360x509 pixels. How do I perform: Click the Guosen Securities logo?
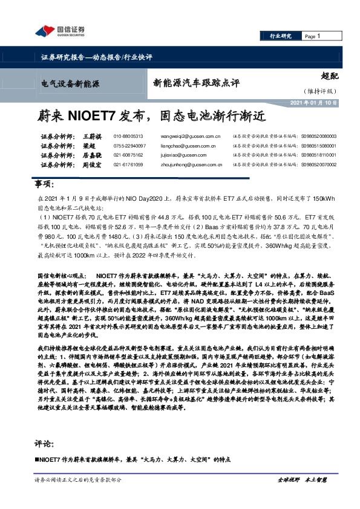59,31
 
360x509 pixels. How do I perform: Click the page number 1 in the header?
319,36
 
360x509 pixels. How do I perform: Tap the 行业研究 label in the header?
280,36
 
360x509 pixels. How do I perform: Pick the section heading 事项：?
44,183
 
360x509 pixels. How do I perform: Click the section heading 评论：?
44,443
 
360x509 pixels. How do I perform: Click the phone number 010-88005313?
128,137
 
